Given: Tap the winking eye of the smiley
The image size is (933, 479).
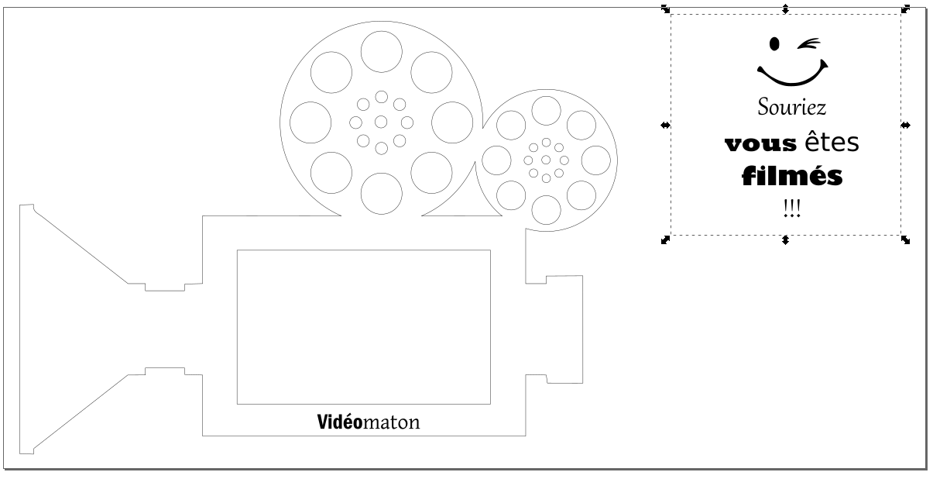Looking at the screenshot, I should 811,43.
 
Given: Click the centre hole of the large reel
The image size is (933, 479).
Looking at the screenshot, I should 381,122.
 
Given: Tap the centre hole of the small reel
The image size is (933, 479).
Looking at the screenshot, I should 547,160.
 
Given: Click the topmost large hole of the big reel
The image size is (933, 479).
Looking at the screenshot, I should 381,50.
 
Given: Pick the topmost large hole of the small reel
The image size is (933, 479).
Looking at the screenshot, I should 547,109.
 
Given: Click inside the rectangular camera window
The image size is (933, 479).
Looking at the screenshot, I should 363,326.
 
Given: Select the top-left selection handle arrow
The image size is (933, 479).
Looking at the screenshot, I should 665,9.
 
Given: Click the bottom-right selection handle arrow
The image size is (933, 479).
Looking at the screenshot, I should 906,240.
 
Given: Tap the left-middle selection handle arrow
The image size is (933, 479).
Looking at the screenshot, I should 664,125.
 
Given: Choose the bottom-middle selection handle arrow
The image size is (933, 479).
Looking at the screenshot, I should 785,240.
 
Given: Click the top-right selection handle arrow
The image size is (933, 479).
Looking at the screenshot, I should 906,9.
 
